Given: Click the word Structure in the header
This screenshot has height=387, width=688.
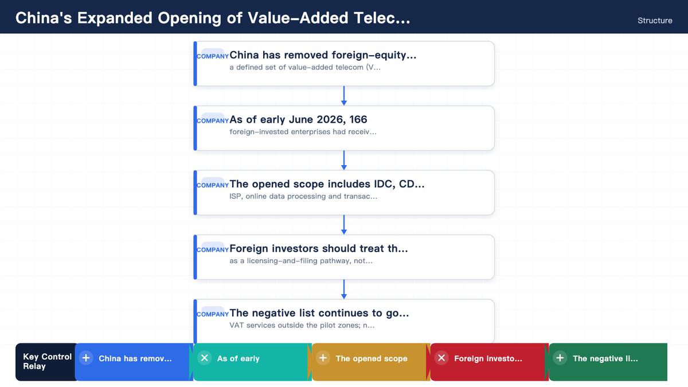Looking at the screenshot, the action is click(x=655, y=21).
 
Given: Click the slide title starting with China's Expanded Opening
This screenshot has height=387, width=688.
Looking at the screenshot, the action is click(x=213, y=18).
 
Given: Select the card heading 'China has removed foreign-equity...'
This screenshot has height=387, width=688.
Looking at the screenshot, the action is click(x=323, y=55).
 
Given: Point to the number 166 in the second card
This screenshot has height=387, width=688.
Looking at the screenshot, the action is click(x=358, y=119).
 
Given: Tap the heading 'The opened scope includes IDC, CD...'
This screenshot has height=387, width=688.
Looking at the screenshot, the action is click(x=327, y=183).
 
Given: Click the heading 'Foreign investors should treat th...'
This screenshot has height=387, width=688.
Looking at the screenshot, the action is click(x=319, y=248).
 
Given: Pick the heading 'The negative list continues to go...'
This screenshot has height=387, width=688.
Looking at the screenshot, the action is click(x=319, y=312).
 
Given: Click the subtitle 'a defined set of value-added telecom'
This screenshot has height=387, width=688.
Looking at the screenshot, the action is click(x=305, y=67).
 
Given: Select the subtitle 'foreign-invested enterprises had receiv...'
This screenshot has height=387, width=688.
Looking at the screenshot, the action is click(x=303, y=132).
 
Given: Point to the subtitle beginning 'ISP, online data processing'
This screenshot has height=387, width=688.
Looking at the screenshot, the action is click(x=303, y=196).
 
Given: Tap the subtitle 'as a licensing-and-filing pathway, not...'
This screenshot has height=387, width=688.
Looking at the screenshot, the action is click(x=300, y=261).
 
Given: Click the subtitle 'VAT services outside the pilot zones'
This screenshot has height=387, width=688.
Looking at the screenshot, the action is click(x=302, y=325).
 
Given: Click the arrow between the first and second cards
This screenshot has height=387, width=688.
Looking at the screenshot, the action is click(x=344, y=96).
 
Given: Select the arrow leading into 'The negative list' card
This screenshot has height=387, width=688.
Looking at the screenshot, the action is click(x=344, y=290).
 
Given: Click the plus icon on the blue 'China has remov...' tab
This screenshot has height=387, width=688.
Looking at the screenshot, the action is click(x=86, y=358).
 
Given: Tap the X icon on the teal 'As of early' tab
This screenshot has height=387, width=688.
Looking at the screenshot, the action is click(x=204, y=358).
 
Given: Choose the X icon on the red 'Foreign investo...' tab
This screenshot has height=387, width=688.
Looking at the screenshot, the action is click(x=441, y=358).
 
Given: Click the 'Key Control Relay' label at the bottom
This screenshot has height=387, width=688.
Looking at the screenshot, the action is click(x=47, y=362).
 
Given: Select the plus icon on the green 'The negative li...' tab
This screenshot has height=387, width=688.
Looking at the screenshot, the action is click(x=560, y=358).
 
